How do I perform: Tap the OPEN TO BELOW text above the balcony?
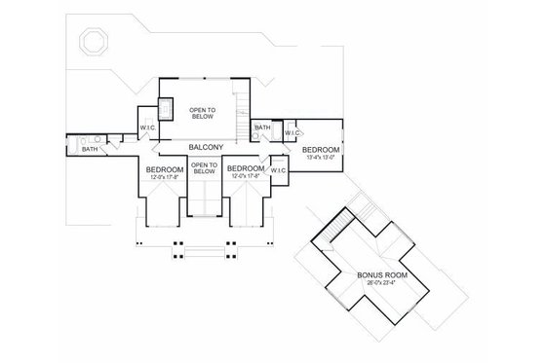[207, 114]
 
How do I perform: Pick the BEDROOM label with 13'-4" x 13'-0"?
[322, 150]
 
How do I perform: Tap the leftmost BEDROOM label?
[164, 170]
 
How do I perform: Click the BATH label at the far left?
[89, 150]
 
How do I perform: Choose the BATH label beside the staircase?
[261, 127]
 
